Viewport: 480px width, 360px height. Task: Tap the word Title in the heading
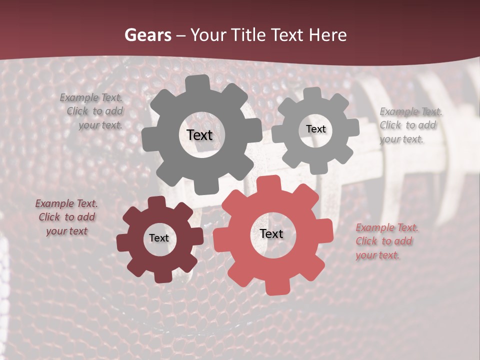(246, 35)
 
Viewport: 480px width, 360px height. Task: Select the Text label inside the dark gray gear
(199, 135)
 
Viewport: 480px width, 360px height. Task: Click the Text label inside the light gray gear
(315, 129)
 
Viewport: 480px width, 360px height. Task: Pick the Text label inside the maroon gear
(159, 238)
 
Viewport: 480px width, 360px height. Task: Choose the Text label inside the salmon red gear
(271, 233)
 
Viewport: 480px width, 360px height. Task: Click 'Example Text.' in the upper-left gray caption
(91, 98)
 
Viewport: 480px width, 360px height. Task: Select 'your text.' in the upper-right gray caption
(401, 139)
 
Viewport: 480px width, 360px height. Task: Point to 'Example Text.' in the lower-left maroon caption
(66, 203)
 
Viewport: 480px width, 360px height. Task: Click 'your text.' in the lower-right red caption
(377, 255)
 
